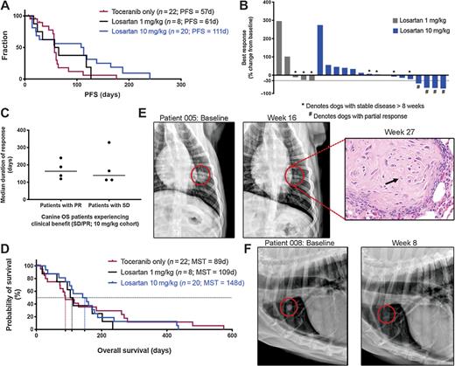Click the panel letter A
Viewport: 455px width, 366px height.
point(7,7)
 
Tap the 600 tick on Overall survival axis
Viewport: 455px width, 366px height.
point(231,339)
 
